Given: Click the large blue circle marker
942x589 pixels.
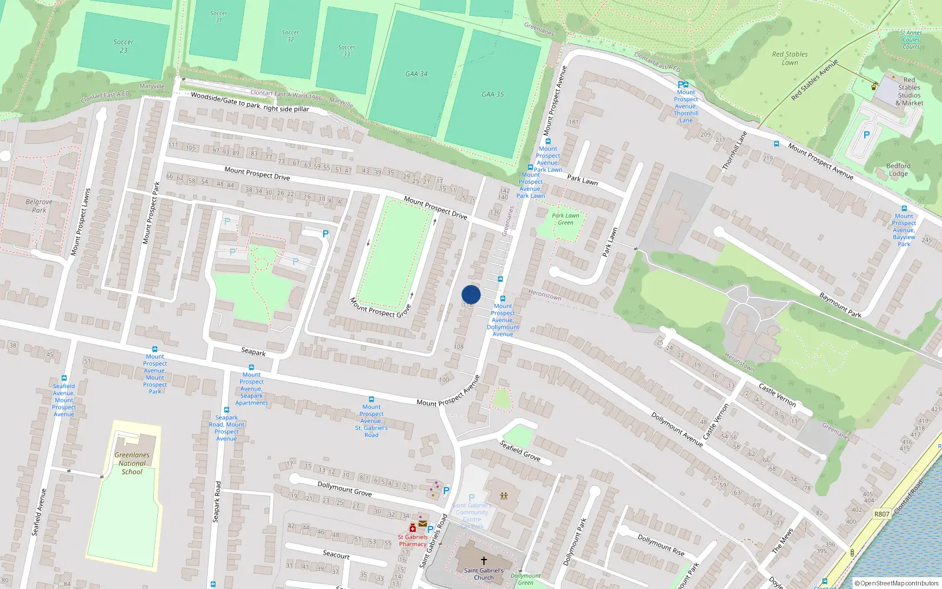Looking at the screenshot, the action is coord(471,294).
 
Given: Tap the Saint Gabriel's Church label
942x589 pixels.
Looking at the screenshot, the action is coord(483,574).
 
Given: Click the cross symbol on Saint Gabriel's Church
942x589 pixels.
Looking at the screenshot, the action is coord(484,560).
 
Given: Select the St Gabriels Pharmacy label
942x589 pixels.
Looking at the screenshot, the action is coord(413,541).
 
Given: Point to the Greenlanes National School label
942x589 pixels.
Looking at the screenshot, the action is coord(132,463).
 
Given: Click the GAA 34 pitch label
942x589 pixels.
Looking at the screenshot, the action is coord(416,74).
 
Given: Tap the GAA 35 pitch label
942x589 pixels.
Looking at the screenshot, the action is coord(493,94).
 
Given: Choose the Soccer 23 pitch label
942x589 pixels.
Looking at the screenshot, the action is coord(123,46).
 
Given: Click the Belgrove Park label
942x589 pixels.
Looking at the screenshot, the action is coord(39,206).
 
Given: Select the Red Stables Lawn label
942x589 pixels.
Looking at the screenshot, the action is coord(790,58).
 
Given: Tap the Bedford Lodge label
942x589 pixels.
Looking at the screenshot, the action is coord(898,170).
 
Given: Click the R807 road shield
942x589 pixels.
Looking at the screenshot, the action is coord(881,514).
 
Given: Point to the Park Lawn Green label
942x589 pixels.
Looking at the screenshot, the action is coord(565,219).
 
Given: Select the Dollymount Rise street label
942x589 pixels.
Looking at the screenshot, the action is coord(661,545).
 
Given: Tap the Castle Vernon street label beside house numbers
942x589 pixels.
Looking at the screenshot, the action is coord(777,395).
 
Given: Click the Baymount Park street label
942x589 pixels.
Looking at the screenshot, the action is coord(840,305).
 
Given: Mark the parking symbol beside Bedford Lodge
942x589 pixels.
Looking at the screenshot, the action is coord(866,135).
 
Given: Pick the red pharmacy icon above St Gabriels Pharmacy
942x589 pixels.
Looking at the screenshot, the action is coord(413,528).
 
